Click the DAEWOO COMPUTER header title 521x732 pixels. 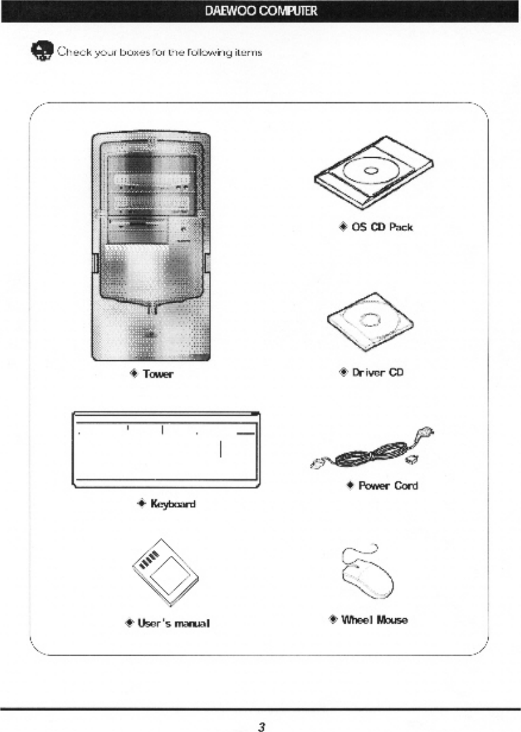pyautogui.click(x=260, y=11)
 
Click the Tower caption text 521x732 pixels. pyautogui.click(x=158, y=374)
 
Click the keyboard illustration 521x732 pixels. pyautogui.click(x=166, y=450)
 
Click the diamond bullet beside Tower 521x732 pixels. pyautogui.click(x=134, y=374)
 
